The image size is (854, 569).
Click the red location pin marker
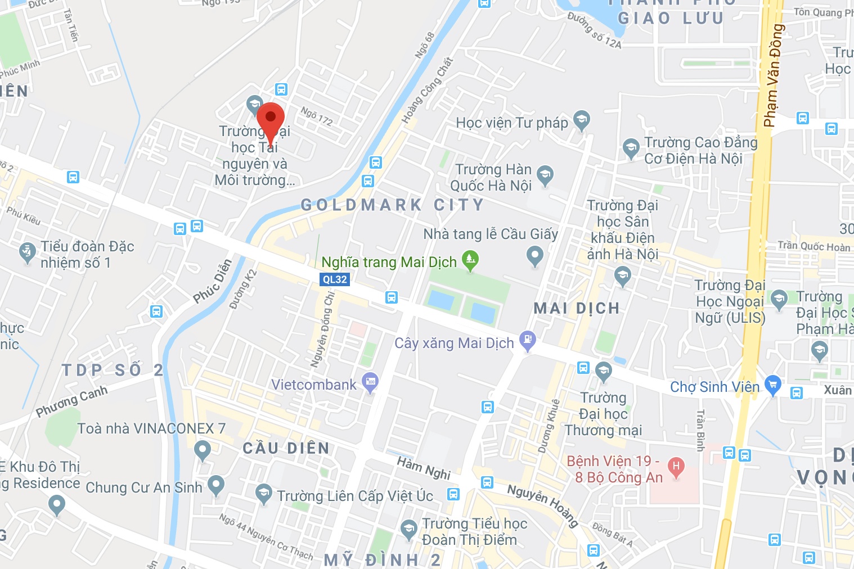coord(270,121)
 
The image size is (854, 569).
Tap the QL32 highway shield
coord(335,279)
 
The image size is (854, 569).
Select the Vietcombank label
coord(314,385)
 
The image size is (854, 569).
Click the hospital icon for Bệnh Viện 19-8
coord(676,467)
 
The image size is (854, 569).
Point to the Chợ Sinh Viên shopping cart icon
coord(773,385)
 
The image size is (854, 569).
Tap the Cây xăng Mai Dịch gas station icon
coord(527,340)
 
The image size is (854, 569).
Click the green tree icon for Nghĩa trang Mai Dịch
coord(470,260)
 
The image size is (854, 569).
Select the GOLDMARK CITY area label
coord(392,205)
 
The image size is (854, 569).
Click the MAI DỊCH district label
coord(576,308)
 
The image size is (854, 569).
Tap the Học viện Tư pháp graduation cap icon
coord(581,120)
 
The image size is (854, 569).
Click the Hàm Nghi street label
coord(424,468)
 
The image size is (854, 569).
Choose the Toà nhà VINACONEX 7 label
coord(151,428)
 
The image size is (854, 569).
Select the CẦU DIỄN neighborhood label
coord(286,448)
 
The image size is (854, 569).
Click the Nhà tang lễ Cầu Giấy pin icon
coord(534,256)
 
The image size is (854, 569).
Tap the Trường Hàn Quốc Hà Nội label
coord(491,177)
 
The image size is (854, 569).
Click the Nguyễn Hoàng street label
coord(543,505)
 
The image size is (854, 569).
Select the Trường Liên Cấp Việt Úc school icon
coord(263,494)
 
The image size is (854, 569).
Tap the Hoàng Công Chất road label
coord(427,90)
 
